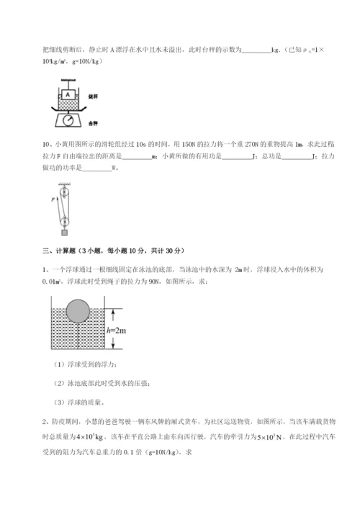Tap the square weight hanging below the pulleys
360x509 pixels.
coord(65,233)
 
